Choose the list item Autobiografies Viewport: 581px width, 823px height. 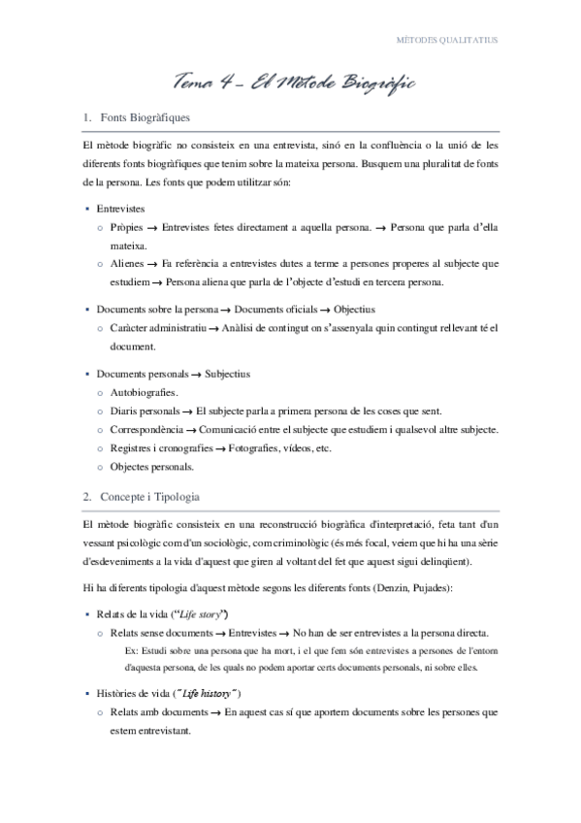pos(144,392)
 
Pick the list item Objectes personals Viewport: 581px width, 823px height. pos(152,466)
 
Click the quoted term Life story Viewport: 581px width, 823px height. pos(201,614)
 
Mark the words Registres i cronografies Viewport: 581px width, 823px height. pos(160,447)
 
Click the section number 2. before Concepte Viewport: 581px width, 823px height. pos(88,497)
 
